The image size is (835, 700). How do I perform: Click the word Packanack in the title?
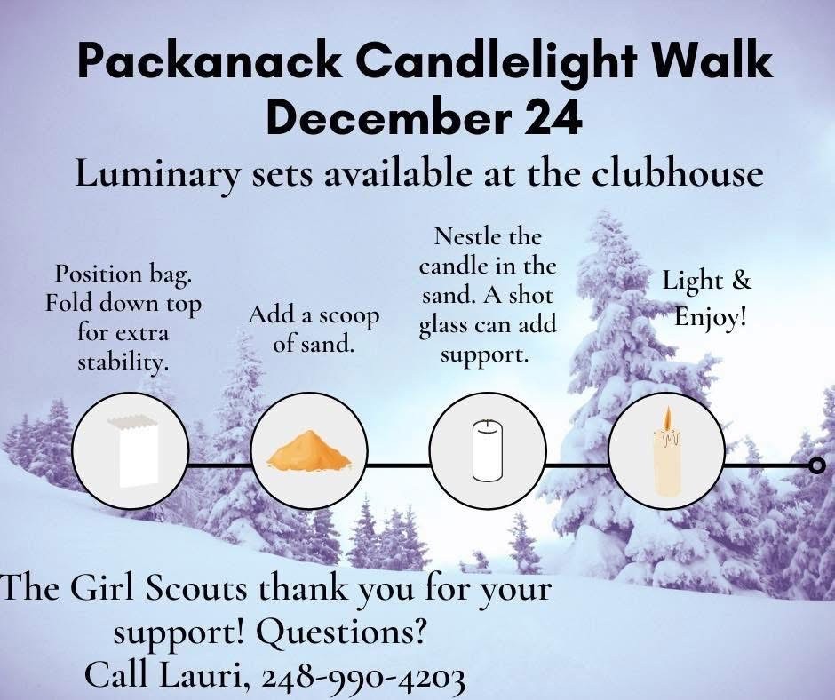coord(210,61)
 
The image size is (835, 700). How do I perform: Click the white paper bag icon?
coord(133,451)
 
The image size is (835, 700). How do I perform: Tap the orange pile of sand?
coord(309,452)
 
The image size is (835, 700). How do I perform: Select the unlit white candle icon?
coord(488,450)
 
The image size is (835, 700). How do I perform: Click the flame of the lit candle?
coord(667,419)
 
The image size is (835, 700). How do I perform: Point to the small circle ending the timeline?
coord(817,465)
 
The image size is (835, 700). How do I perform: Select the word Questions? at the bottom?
coord(342,632)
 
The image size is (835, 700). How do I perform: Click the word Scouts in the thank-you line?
coord(196,590)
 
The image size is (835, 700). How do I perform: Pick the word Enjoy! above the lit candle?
coord(711,318)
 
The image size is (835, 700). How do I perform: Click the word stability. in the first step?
coord(123,362)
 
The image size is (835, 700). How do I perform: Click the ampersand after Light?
coord(741,280)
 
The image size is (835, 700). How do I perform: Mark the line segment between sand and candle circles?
coord(399,465)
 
